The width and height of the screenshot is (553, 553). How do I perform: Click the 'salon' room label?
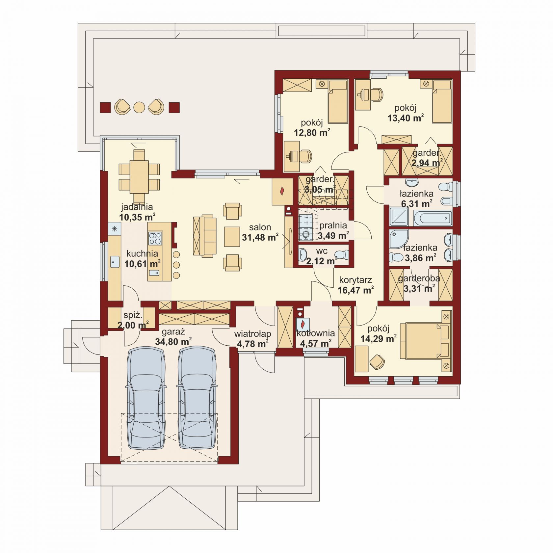[260, 227]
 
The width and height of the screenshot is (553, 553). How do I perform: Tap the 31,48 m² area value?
[260, 237]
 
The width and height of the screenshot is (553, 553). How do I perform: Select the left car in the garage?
[146, 398]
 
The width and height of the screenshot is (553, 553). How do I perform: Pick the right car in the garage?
[197, 398]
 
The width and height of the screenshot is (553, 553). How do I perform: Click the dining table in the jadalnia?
[139, 176]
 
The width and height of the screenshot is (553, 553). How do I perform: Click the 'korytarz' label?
[355, 280]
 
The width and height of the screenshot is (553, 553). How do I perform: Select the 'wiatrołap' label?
[252, 334]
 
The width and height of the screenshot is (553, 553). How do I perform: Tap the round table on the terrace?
[139, 107]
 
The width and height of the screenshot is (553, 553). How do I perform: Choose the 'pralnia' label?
[333, 225]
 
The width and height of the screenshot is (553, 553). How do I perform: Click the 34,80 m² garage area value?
[173, 342]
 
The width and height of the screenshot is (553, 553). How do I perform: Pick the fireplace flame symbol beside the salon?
[282, 191]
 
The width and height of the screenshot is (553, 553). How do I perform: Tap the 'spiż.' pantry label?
[133, 315]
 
